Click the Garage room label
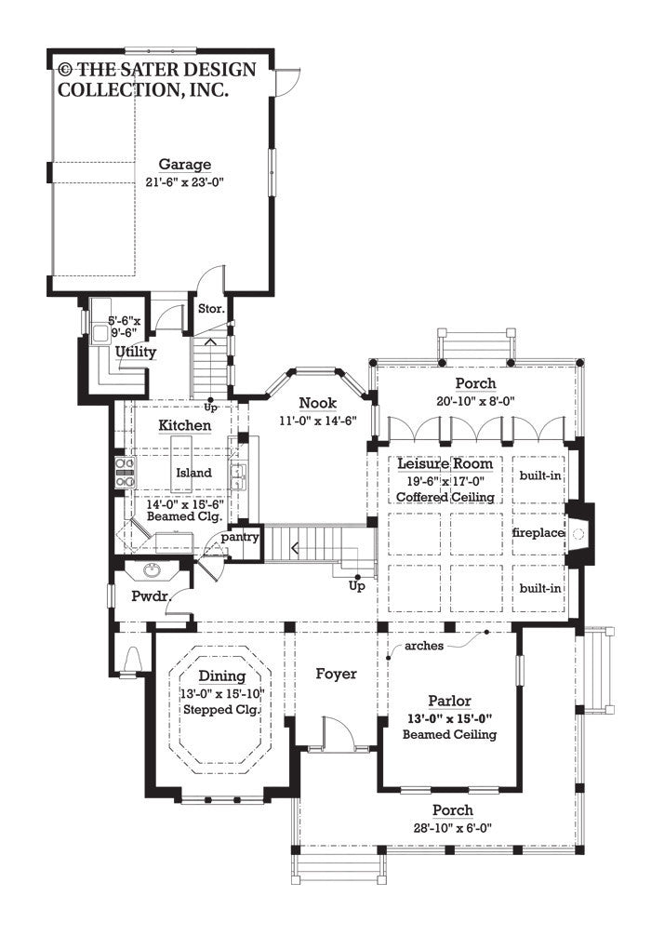click(x=184, y=165)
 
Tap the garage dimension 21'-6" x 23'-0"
click(x=184, y=181)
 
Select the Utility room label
click(x=136, y=352)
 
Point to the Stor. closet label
click(x=208, y=307)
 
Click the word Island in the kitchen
click(x=193, y=473)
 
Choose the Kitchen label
click(x=184, y=425)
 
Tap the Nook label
click(x=318, y=403)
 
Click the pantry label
click(x=241, y=538)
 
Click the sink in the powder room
click(x=152, y=570)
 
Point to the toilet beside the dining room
click(x=131, y=659)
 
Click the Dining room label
click(x=221, y=676)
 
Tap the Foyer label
click(x=336, y=674)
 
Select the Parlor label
click(x=449, y=701)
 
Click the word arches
click(x=424, y=645)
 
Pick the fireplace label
click(x=538, y=533)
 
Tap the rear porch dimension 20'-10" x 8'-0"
click(x=474, y=400)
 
